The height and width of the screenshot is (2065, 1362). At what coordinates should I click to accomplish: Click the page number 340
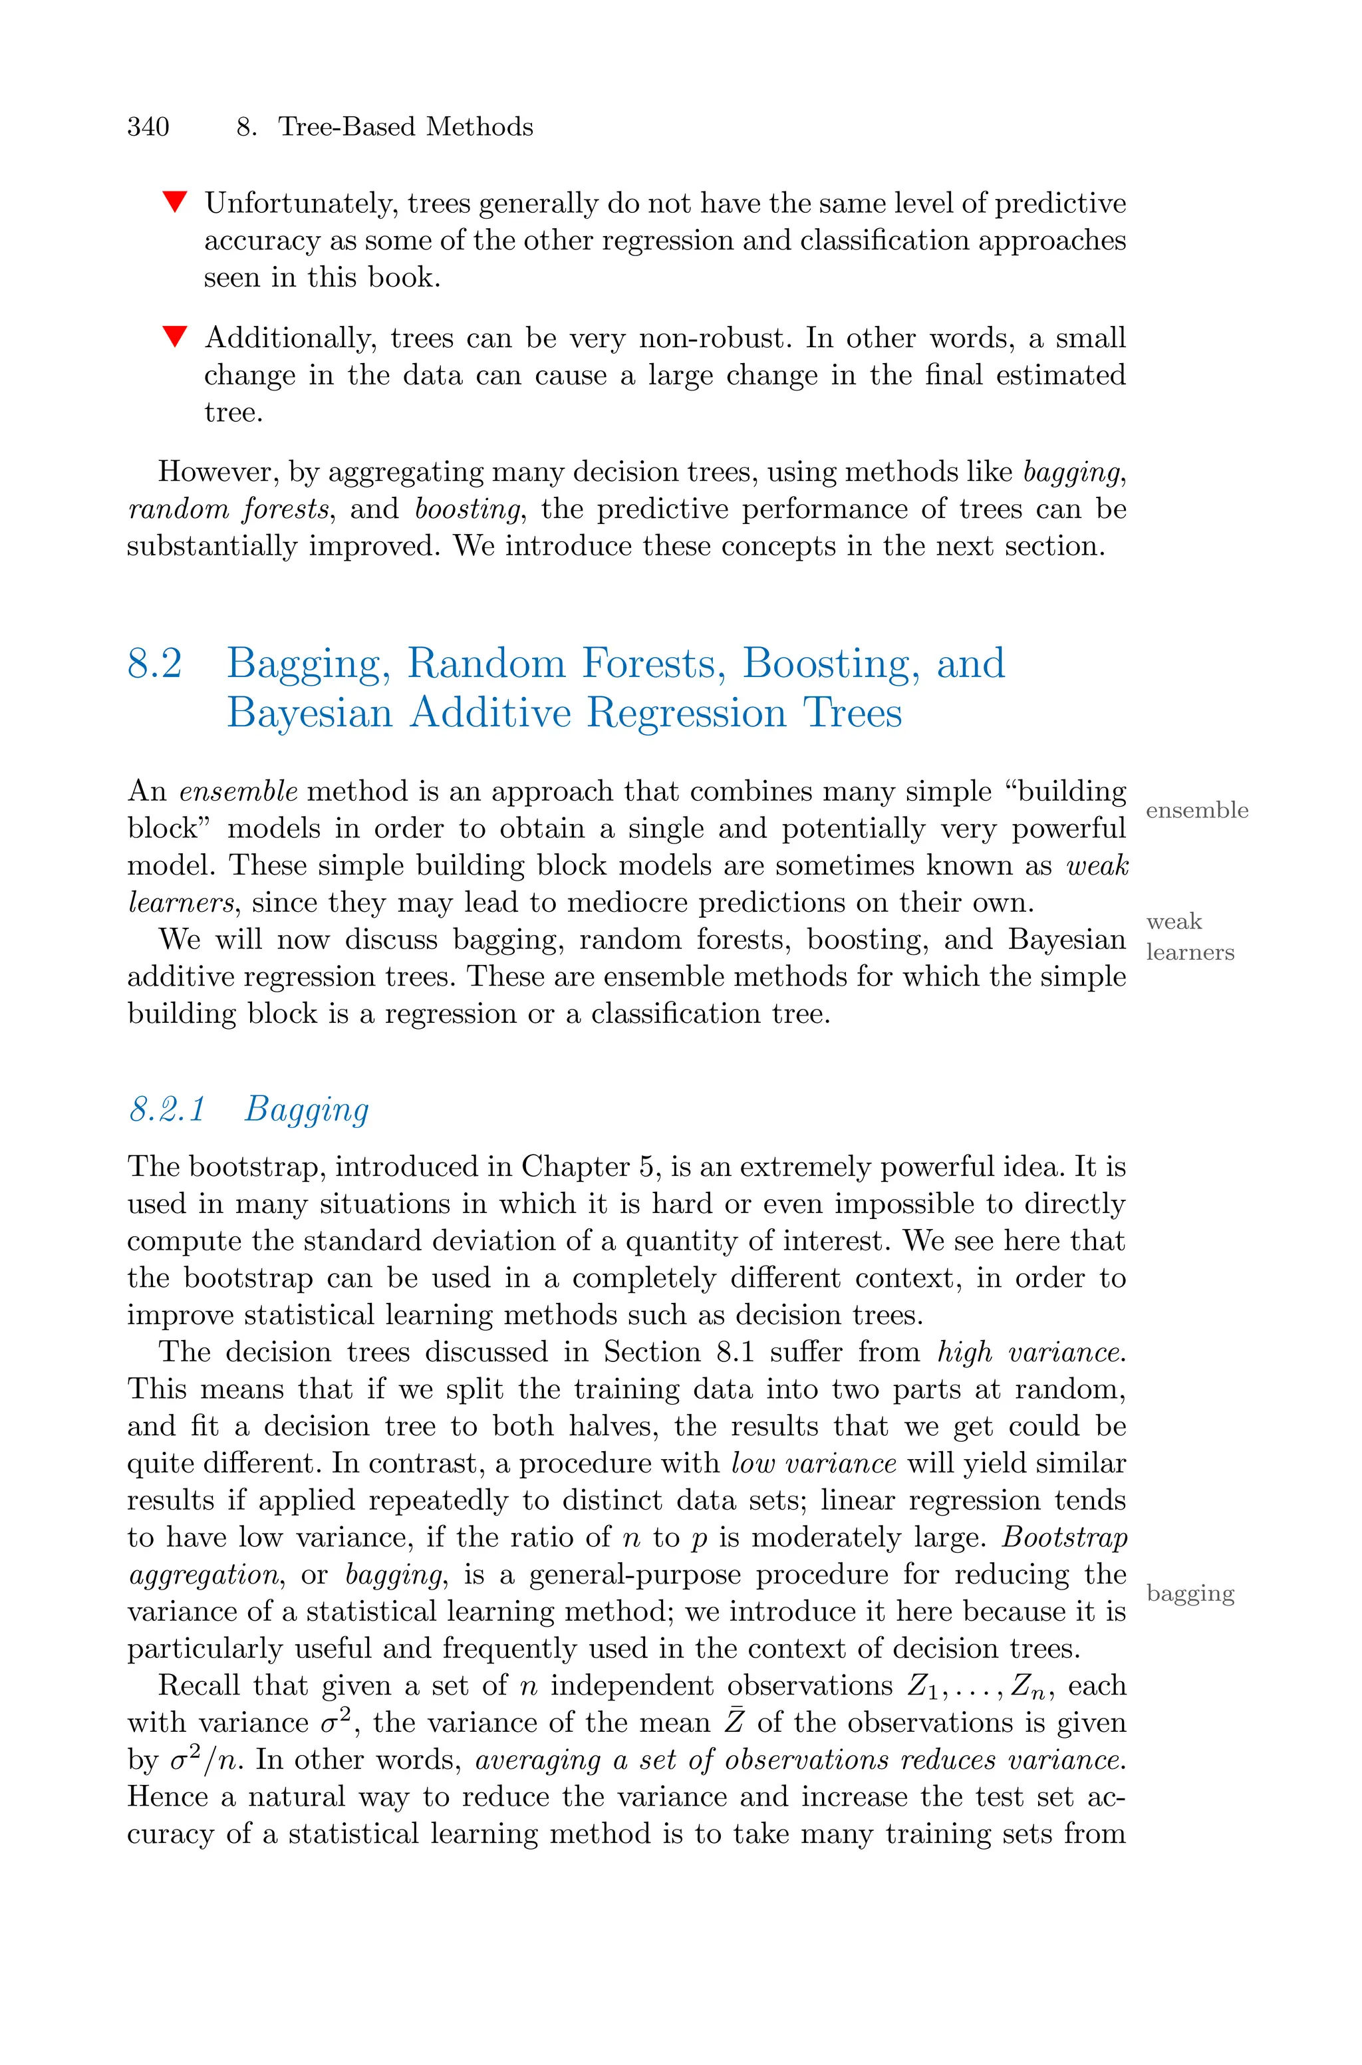(148, 128)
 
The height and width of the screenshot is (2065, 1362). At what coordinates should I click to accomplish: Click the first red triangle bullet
(175, 202)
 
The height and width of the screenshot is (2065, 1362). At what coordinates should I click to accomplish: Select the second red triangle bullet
(175, 336)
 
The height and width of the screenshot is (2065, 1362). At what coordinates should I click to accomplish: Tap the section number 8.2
(154, 664)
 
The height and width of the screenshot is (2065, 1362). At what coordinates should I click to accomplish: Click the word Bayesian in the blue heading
(309, 714)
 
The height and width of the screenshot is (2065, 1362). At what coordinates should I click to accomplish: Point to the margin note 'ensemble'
(1196, 810)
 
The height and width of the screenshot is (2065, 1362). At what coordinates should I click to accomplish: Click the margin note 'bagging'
(1190, 1593)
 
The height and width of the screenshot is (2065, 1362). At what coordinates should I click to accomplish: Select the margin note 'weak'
(1174, 921)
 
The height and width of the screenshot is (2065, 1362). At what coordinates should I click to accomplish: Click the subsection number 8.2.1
(167, 1110)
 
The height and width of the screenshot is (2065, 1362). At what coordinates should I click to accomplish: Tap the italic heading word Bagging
(307, 1110)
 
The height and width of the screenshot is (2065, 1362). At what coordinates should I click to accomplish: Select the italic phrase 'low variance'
(813, 1464)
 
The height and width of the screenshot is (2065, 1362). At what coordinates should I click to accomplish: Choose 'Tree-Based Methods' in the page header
(405, 128)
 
